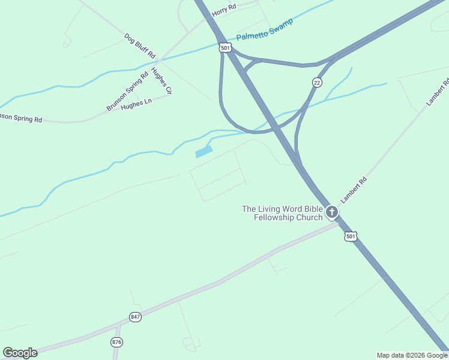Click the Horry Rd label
pyautogui.click(x=224, y=10)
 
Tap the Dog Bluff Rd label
pyautogui.click(x=139, y=46)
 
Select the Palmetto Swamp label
pyautogui.click(x=265, y=30)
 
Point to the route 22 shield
pyautogui.click(x=316, y=82)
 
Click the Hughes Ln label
pyautogui.click(x=133, y=104)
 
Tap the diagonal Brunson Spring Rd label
pyautogui.click(x=127, y=92)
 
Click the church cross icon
pyautogui.click(x=331, y=212)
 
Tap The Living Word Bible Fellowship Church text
pyautogui.click(x=282, y=213)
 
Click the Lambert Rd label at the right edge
pyautogui.click(x=438, y=93)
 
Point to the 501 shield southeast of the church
pyautogui.click(x=351, y=236)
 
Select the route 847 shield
pyautogui.click(x=135, y=317)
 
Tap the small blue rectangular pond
pyautogui.click(x=204, y=152)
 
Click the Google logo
pyautogui.click(x=20, y=353)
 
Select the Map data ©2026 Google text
pyautogui.click(x=412, y=355)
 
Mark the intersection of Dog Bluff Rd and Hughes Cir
pyautogui.click(x=158, y=61)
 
